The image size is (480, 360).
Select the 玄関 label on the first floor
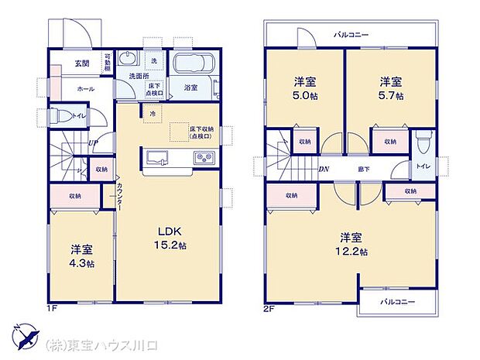81,63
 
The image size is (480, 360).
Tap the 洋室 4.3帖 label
82,256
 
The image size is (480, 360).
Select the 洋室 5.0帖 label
304,87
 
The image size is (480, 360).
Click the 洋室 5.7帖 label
390,87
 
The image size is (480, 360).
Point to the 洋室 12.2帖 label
352,245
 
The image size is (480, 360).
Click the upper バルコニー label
351,35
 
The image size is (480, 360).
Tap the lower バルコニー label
397,300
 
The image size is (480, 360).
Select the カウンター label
121,197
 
